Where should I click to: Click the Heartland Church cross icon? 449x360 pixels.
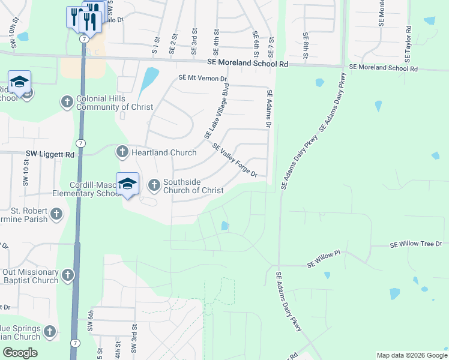[x=122, y=152]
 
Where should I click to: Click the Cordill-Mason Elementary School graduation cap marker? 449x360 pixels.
[x=127, y=183]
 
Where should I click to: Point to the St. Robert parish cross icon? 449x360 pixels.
[x=56, y=214]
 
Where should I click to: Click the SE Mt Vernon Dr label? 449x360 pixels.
[x=203, y=79]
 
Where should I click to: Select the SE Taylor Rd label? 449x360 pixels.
[x=408, y=45]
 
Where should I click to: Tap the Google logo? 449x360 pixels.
[x=20, y=352]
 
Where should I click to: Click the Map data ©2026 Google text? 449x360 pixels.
[x=412, y=355]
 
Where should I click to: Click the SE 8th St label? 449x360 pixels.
[x=306, y=45]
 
